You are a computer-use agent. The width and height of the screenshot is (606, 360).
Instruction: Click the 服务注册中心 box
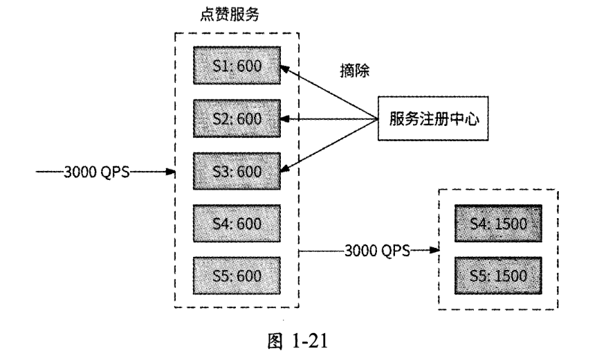pos(428,119)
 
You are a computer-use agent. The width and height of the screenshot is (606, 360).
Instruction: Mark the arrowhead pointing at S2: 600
pos(285,119)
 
